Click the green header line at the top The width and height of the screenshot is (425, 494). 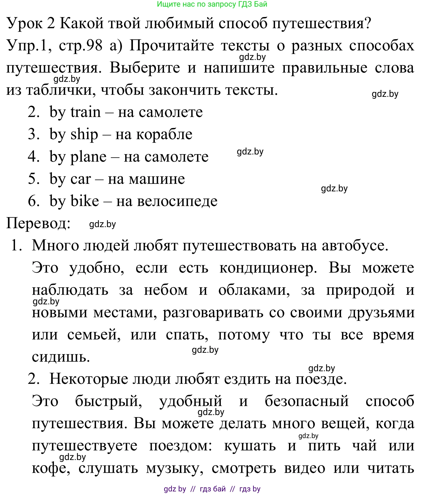(212, 4)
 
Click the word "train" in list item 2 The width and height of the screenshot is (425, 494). (86, 112)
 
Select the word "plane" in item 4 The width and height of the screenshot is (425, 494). (88, 157)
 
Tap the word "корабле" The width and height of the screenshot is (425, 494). (154, 135)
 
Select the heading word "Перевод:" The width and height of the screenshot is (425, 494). (38, 223)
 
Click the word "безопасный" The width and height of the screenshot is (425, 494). (306, 401)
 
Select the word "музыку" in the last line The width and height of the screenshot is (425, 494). (174, 468)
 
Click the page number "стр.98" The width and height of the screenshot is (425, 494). (80, 46)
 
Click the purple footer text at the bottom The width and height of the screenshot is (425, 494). (212, 489)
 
